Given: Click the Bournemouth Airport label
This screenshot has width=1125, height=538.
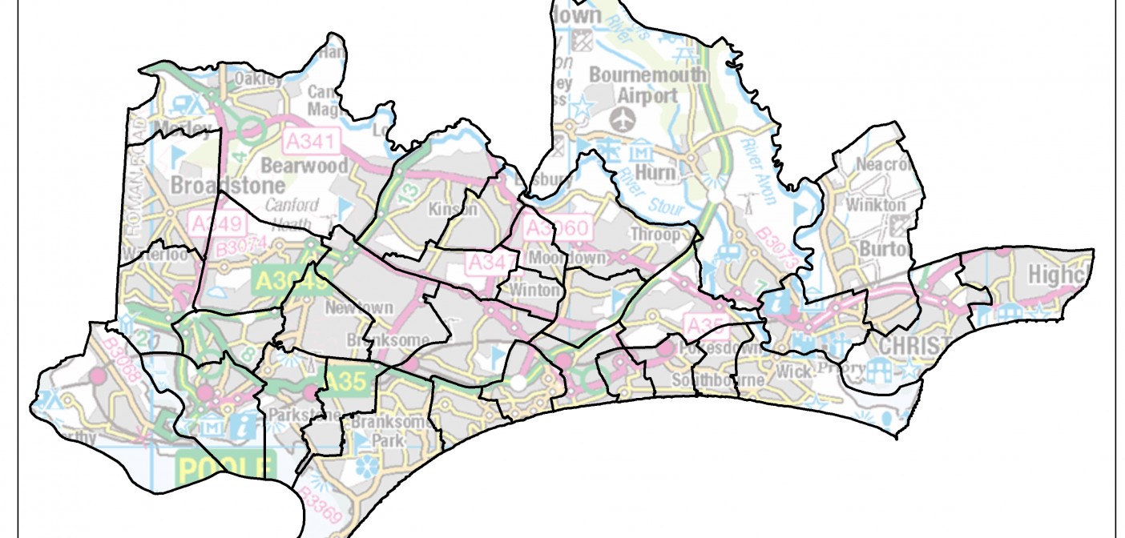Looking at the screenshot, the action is click(x=647, y=85).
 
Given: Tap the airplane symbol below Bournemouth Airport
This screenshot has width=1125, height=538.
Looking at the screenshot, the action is click(x=619, y=119).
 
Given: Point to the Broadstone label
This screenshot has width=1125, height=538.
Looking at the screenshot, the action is click(x=214, y=185).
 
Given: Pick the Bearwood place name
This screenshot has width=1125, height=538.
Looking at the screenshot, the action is click(x=306, y=167).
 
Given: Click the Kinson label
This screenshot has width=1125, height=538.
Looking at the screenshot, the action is click(x=454, y=210).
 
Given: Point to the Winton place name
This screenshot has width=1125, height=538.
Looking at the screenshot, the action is click(x=535, y=289).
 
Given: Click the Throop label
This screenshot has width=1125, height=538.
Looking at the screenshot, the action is click(x=656, y=235).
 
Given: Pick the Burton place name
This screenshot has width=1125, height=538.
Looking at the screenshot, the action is click(x=885, y=249).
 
